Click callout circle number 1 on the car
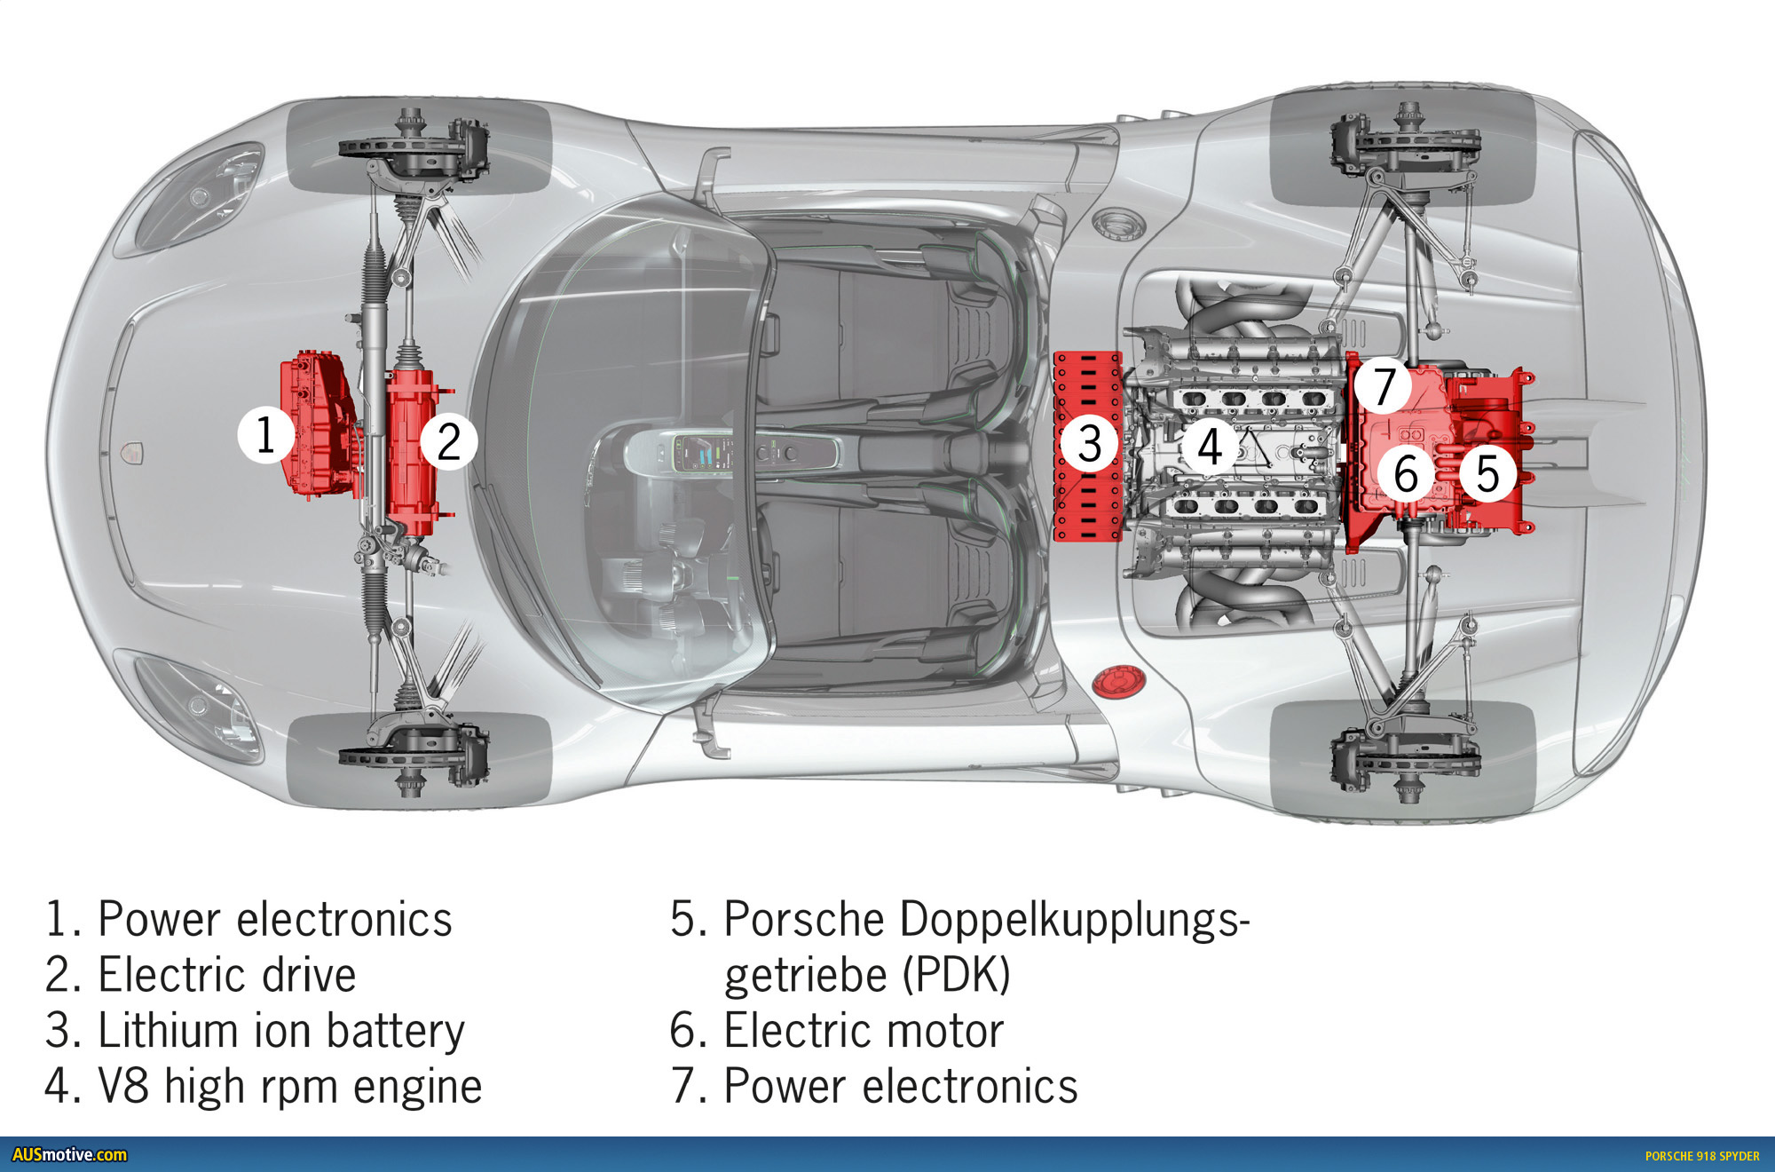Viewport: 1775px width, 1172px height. tap(265, 435)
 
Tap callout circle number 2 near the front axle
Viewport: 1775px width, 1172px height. tap(449, 441)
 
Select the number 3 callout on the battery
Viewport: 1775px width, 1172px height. tap(1090, 443)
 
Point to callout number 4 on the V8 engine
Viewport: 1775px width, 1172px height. tap(1209, 445)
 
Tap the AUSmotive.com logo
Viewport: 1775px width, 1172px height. tap(69, 1155)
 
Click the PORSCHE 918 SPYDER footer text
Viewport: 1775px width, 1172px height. tap(1701, 1156)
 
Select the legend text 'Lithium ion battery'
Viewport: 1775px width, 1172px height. tap(280, 1031)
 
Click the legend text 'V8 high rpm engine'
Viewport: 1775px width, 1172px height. tap(289, 1087)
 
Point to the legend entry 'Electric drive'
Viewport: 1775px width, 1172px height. tap(226, 975)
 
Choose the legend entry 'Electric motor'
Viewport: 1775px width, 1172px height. tap(863, 1031)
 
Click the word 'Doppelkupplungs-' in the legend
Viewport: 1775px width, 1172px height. tap(1074, 919)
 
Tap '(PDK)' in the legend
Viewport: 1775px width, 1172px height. tap(956, 975)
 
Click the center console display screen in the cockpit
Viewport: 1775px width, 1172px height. tap(706, 453)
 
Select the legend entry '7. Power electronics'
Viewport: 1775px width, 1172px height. tap(874, 1087)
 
